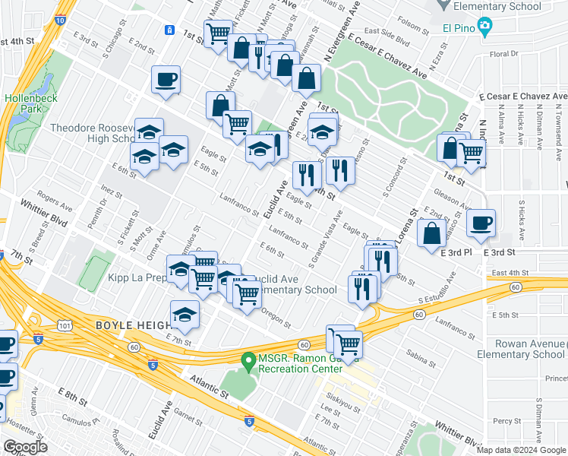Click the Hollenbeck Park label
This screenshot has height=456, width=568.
pos(27,104)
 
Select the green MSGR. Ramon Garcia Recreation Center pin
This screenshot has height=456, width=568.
pos(247,359)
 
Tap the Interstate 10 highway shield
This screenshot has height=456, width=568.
pos(60,21)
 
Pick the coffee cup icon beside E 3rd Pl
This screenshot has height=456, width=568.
pos(481,223)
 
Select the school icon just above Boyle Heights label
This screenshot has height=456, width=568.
pos(185,315)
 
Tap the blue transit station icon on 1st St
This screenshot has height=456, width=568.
pos(169,30)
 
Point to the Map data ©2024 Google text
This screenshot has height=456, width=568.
pos(520,450)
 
